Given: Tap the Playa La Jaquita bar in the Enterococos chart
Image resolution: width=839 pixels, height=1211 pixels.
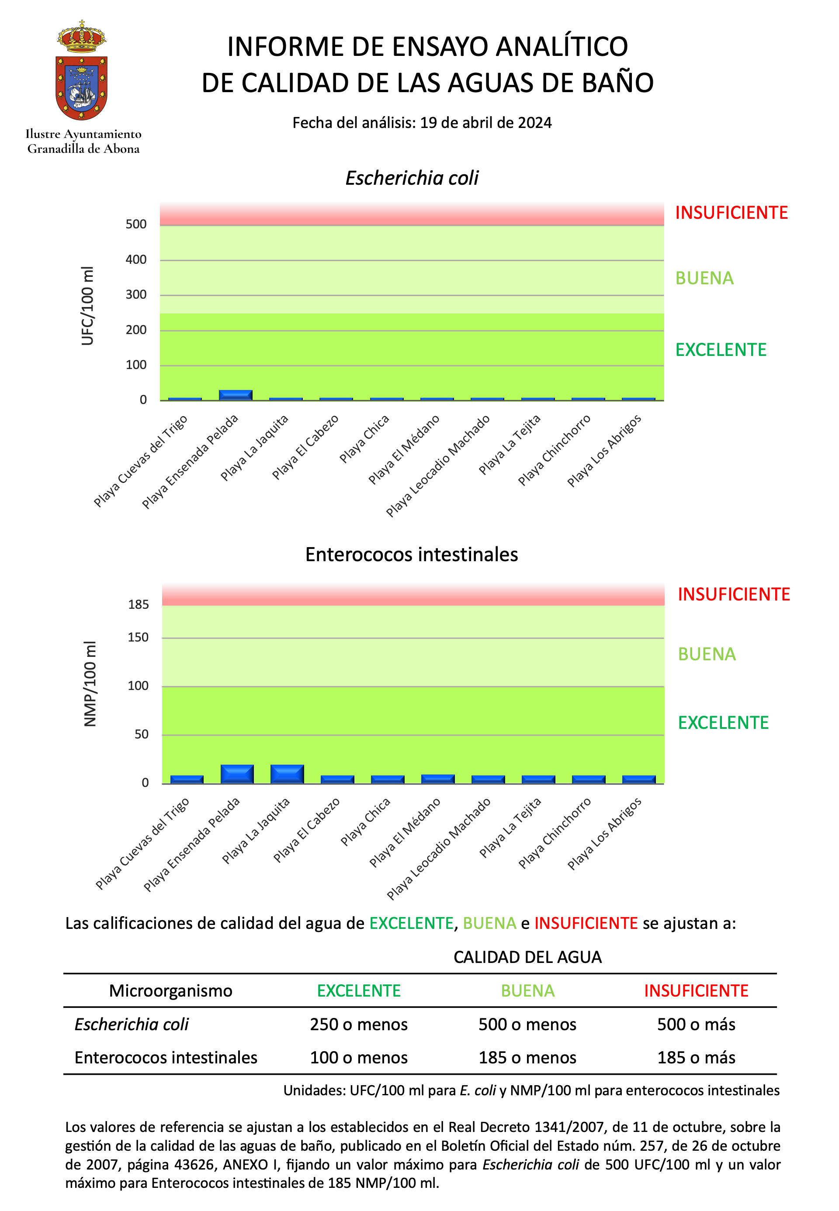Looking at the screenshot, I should pos(287,773).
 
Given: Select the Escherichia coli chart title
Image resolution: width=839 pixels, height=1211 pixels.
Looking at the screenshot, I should pos(412,178).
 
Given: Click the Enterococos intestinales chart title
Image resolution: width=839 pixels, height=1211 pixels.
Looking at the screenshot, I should pos(412,554).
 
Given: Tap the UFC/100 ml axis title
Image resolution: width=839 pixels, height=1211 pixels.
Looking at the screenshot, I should pos(87,306).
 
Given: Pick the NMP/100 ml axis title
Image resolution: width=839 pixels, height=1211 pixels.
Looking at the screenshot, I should pos(90,683).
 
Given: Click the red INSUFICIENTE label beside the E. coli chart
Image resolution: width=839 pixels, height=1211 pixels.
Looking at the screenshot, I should pos(731,213).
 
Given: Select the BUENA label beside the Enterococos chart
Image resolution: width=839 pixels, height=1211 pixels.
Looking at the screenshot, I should pos(707,654).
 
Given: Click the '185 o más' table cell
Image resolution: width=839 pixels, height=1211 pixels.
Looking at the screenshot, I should pos(696,1057).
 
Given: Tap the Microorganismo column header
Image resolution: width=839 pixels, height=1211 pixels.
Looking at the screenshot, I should pos(170,990).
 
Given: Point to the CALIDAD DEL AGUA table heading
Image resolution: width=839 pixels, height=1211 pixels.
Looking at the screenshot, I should pos(527,957).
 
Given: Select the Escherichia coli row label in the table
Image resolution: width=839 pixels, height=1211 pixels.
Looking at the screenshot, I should pos(132,1024).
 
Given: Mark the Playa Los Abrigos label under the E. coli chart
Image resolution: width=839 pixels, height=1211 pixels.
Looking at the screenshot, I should pos(604,450).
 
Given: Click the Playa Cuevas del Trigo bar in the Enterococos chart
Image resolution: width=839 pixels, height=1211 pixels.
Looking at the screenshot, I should pos(187,779).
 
